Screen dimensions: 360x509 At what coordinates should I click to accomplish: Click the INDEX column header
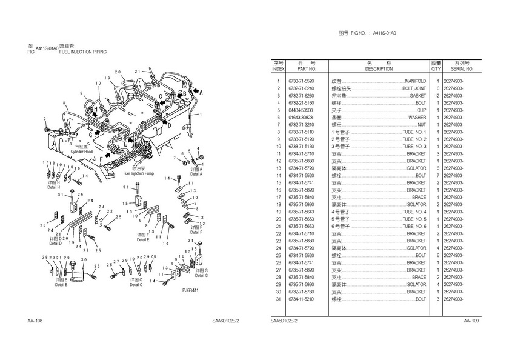[278, 69]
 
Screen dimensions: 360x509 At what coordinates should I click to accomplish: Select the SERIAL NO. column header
[462, 69]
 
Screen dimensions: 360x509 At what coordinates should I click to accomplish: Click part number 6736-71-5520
[301, 81]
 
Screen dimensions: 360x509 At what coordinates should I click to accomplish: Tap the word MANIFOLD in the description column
[415, 81]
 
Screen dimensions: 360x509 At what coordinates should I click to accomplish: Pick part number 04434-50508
[301, 110]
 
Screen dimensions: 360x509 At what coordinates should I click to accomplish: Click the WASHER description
[417, 118]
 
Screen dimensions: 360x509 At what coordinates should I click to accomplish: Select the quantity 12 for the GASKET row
[437, 96]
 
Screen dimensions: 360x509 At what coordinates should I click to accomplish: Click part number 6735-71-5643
[301, 212]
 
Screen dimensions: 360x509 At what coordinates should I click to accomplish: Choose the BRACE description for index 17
[419, 197]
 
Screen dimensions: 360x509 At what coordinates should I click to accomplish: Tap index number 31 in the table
[278, 299]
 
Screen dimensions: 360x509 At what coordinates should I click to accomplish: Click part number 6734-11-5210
[301, 299]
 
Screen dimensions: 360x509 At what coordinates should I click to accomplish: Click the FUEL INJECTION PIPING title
[83, 52]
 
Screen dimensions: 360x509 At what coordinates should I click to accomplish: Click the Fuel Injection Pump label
[139, 173]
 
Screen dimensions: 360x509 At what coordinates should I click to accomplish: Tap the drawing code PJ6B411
[191, 290]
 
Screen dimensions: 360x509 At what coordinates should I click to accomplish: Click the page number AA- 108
[35, 321]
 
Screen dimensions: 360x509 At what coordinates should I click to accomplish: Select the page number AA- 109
[471, 321]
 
